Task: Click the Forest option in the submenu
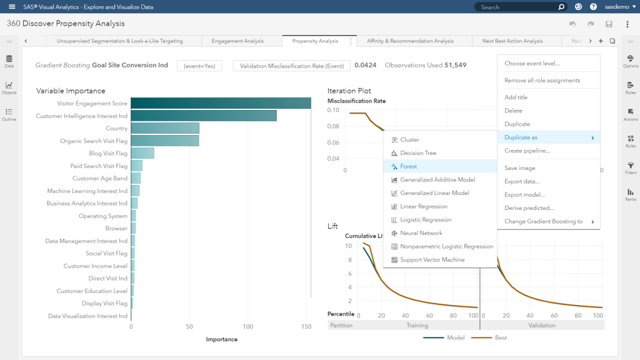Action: [x=409, y=167]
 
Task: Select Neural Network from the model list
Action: [x=421, y=233]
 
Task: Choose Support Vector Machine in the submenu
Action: [x=432, y=260]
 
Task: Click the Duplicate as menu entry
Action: [x=521, y=137]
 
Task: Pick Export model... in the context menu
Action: [x=524, y=195]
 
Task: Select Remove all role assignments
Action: [x=542, y=81]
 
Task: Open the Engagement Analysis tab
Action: [x=237, y=41]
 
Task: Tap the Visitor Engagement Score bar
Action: [x=221, y=104]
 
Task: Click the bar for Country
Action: [x=165, y=129]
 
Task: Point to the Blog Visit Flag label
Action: [x=108, y=154]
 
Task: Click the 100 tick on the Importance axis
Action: [x=248, y=326]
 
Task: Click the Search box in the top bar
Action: [x=516, y=7]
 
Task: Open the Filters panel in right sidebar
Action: [x=631, y=167]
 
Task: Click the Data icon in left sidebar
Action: [x=9, y=61]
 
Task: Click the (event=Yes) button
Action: [x=199, y=66]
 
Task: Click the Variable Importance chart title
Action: [x=71, y=91]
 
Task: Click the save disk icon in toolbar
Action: [x=609, y=24]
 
